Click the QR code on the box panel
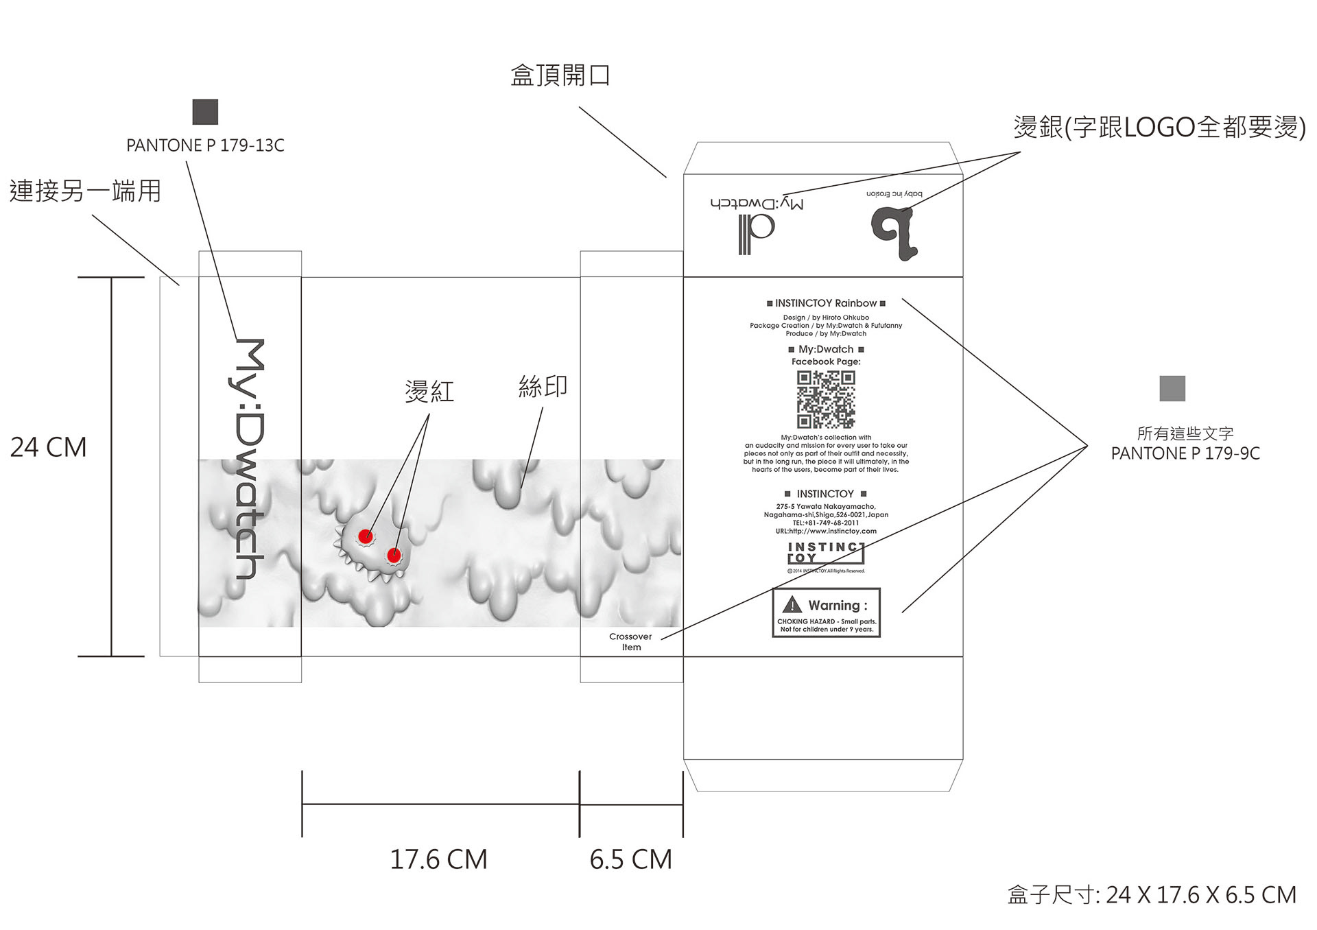pyautogui.click(x=826, y=400)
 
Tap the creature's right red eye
pyautogui.click(x=394, y=555)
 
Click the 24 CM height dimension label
pyautogui.click(x=49, y=448)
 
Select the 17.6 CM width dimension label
pyautogui.click(x=438, y=859)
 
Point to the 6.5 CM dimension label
pyautogui.click(x=630, y=859)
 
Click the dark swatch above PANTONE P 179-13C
pyautogui.click(x=205, y=112)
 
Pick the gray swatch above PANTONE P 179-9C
pyautogui.click(x=1172, y=389)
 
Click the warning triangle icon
pyautogui.click(x=792, y=604)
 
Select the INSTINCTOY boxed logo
pyautogui.click(x=825, y=553)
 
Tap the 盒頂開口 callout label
pyautogui.click(x=560, y=75)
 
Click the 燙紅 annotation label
pyautogui.click(x=429, y=392)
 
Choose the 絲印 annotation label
pyautogui.click(x=543, y=387)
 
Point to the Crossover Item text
pyautogui.click(x=631, y=642)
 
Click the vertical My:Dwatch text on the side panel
pyautogui.click(x=249, y=458)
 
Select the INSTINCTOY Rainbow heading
pyautogui.click(x=826, y=303)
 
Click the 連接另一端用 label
pyautogui.click(x=86, y=191)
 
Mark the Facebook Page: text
pyautogui.click(x=826, y=361)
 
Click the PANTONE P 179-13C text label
pyautogui.click(x=205, y=145)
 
